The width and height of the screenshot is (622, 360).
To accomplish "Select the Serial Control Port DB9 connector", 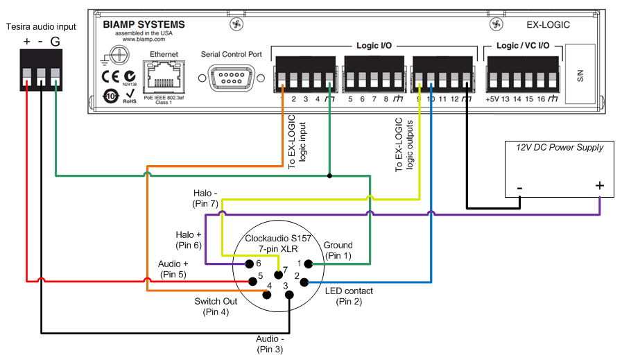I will click(232, 78).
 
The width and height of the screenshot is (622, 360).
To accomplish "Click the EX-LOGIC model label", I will click(548, 25).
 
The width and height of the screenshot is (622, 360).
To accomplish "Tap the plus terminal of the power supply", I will click(599, 186).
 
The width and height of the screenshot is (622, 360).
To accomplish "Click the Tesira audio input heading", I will click(41, 26).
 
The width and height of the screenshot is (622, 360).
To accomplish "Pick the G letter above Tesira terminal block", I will click(55, 42).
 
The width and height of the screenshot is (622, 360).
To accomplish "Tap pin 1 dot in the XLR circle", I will click(310, 264).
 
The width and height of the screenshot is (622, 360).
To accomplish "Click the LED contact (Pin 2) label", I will click(349, 295).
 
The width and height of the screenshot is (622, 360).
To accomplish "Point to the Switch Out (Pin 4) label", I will click(216, 307).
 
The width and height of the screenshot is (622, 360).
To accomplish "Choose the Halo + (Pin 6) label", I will click(189, 240).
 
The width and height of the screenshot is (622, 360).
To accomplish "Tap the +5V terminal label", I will click(492, 99).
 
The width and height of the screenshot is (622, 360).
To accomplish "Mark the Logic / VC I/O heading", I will click(523, 45).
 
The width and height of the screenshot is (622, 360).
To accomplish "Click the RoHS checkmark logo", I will click(129, 95).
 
